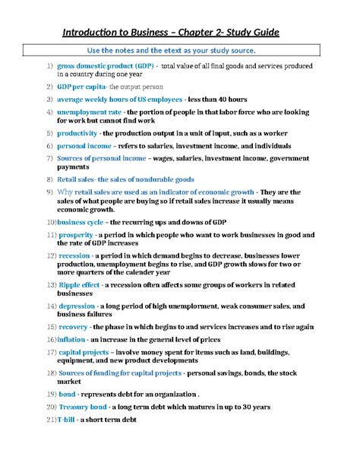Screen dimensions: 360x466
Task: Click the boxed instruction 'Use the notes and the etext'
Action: [180, 50]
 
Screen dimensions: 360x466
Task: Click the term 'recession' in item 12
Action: [74, 256]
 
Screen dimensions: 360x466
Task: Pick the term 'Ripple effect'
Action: [80, 284]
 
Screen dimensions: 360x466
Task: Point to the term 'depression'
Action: [77, 306]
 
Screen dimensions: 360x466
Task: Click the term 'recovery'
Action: [75, 326]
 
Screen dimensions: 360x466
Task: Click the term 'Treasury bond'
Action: [83, 407]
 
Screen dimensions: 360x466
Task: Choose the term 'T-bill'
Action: [67, 420]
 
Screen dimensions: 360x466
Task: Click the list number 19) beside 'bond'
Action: [50, 395]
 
